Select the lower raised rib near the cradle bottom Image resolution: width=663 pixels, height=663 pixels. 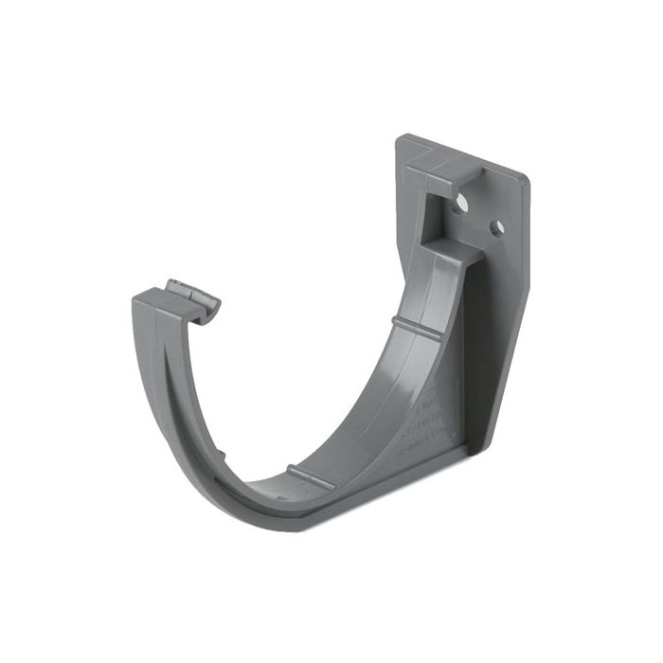311,477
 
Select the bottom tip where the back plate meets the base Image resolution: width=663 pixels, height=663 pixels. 468,445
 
